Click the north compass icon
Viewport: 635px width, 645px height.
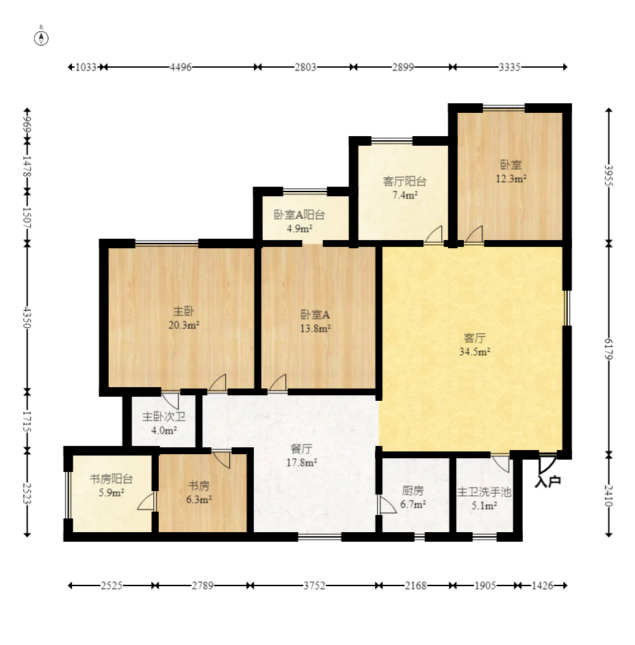(41, 39)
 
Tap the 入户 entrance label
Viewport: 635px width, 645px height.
(547, 481)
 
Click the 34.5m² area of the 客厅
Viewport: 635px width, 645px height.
(474, 352)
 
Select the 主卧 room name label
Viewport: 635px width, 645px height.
(183, 311)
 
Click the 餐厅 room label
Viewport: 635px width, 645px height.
(301, 449)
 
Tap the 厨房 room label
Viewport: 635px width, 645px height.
(413, 490)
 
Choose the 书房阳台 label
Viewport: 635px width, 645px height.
(112, 479)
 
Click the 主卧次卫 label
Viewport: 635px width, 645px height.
(164, 417)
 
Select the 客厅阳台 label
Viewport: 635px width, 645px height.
(404, 181)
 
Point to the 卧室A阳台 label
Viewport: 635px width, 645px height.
(299, 215)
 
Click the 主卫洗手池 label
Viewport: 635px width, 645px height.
(484, 492)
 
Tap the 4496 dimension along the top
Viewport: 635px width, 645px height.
(181, 67)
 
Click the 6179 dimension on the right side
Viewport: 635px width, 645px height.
(609, 349)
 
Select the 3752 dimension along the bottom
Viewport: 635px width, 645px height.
(314, 585)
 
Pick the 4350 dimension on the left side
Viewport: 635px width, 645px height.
(27, 317)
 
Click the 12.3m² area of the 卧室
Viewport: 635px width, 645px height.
(511, 179)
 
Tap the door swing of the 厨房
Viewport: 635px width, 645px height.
(387, 505)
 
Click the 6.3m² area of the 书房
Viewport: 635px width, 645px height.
(199, 499)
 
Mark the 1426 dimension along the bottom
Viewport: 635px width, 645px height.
(543, 585)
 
